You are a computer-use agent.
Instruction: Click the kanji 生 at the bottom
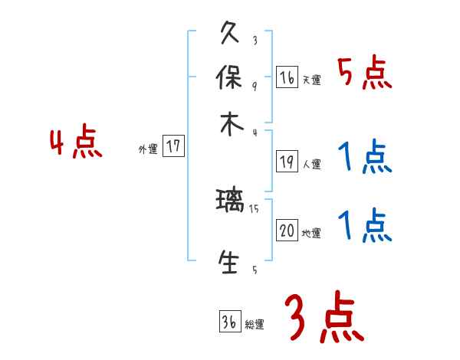click(x=230, y=262)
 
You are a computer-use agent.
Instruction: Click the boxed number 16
click(x=287, y=77)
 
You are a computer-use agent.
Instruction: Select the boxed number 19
click(x=287, y=162)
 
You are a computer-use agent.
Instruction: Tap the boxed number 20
click(x=287, y=231)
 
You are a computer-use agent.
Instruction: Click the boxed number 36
click(x=229, y=322)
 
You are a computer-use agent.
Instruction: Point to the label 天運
click(x=311, y=80)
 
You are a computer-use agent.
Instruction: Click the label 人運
click(x=311, y=164)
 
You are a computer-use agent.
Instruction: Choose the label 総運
click(x=254, y=325)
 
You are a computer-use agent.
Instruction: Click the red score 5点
click(x=364, y=74)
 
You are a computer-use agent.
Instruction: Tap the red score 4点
click(x=75, y=143)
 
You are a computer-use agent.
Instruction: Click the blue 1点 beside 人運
click(x=364, y=158)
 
